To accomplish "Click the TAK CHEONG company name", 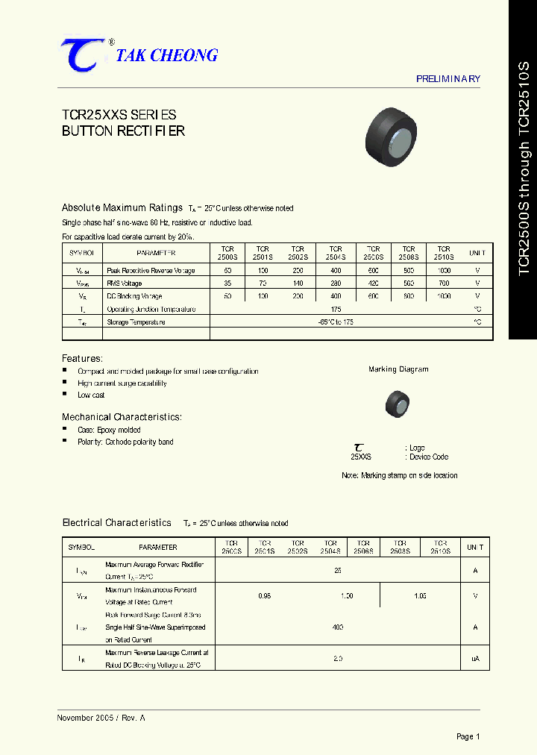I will (x=167, y=56).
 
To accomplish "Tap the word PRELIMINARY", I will (x=447, y=79).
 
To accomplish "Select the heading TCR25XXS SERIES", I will (x=119, y=115).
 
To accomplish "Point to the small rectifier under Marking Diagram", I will (x=397, y=403).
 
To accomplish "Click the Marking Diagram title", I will (x=398, y=369).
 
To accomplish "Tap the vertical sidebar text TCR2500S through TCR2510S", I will (x=523, y=169).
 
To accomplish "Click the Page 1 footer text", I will (x=468, y=736).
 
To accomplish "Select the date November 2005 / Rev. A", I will (x=101, y=718).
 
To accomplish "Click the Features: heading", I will (x=82, y=359).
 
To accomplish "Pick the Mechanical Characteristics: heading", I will (x=122, y=417).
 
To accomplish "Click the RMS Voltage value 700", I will (x=444, y=283).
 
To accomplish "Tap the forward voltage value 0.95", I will (x=264, y=596).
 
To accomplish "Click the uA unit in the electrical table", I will (x=475, y=659).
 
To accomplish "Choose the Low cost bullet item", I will (x=91, y=395).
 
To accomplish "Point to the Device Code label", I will (x=429, y=457).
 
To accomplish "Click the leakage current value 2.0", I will (x=338, y=659).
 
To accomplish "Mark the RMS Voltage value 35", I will (x=227, y=283).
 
